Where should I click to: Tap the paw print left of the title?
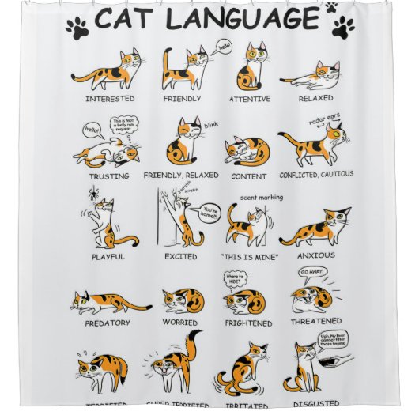(x=78, y=29)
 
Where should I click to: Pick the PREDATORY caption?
(x=111, y=322)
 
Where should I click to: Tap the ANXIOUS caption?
(x=316, y=255)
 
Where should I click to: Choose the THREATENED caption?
(x=315, y=321)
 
